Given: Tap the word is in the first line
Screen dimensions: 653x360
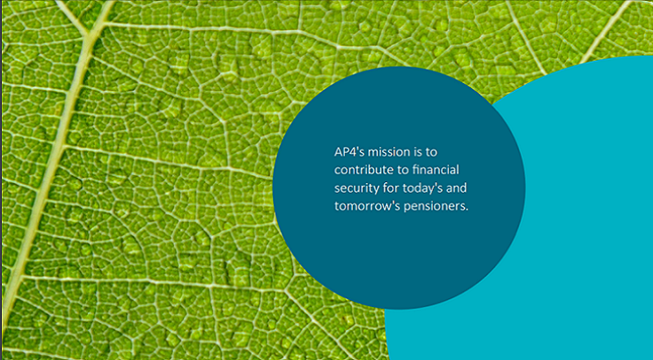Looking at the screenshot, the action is pos(418,151).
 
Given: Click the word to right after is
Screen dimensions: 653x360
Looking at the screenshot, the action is pos(431,152).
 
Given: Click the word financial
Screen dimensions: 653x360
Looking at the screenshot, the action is pos(436,170).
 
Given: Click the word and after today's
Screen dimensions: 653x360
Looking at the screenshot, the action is pos(457,187).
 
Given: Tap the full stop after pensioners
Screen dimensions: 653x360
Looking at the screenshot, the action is pos(466,210).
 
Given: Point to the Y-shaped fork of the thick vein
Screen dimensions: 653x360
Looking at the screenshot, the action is pos(87,35).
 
